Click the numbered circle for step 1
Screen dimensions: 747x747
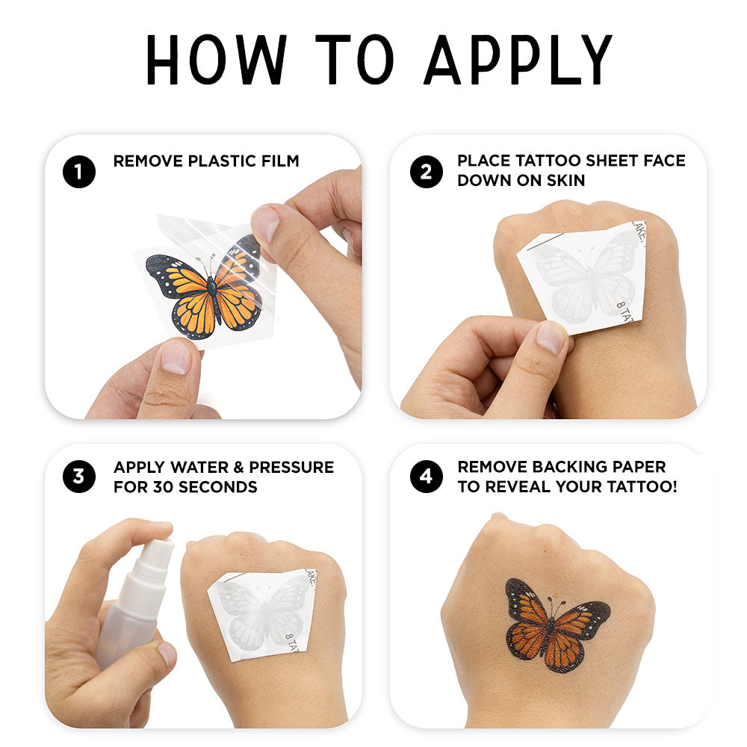tap(79, 172)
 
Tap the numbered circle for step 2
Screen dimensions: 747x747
tap(427, 172)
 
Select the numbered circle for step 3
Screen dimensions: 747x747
tap(79, 477)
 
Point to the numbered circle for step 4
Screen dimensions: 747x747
tap(427, 477)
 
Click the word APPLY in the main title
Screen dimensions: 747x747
tap(518, 60)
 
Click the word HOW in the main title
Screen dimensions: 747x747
tap(217, 60)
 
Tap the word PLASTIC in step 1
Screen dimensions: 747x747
tap(223, 161)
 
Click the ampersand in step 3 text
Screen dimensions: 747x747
tap(239, 468)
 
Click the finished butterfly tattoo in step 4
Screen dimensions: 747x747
tap(556, 623)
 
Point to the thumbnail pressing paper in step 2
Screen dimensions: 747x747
tap(551, 338)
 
